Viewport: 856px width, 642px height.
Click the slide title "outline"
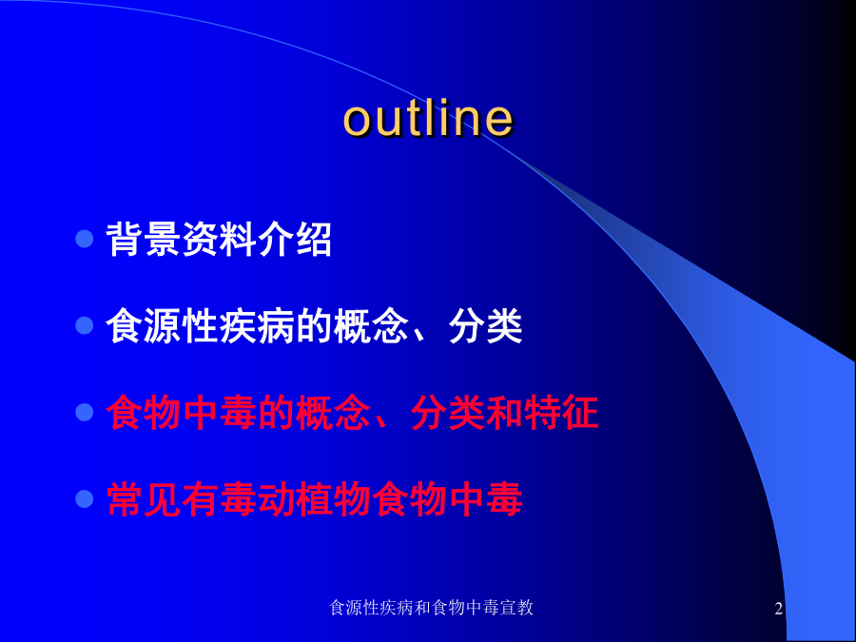429,118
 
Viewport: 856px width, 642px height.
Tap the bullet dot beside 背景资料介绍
85,239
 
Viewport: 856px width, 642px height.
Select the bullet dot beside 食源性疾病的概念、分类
85,325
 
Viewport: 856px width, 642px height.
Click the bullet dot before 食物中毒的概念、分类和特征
85,412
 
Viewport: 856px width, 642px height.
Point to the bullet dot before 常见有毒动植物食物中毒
85,499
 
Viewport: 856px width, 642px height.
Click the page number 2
778,608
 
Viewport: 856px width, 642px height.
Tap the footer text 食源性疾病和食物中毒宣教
431,608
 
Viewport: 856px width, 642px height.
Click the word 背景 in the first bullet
144,239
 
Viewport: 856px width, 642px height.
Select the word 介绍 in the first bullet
295,239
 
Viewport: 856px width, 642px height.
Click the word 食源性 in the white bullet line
162,326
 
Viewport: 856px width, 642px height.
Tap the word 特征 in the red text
560,413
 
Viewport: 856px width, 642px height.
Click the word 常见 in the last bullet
144,499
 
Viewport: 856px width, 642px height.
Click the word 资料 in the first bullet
219,239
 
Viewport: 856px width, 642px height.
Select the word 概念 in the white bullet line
371,326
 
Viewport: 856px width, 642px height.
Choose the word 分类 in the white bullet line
485,326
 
